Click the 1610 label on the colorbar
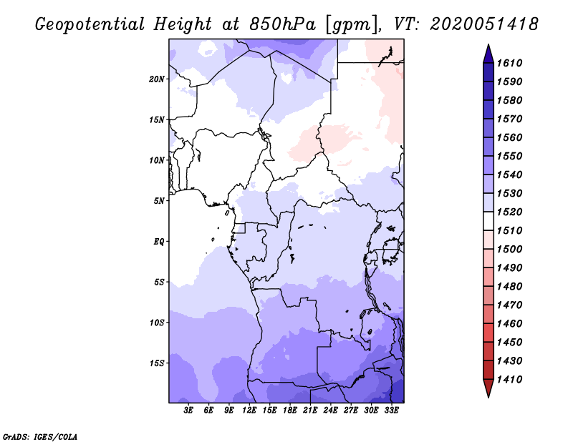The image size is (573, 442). [513, 63]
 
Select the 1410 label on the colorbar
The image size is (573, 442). [513, 379]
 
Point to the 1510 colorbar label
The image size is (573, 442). [513, 230]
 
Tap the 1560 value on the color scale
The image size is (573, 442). [513, 137]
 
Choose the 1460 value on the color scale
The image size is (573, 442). [513, 323]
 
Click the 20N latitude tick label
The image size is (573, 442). [157, 79]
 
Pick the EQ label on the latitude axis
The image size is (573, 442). [159, 241]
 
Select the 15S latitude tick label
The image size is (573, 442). [157, 363]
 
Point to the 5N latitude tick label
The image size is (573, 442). [159, 201]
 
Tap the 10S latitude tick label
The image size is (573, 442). [157, 323]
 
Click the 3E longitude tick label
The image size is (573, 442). [189, 411]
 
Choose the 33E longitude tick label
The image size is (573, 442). [390, 411]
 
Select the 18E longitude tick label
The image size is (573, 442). [290, 411]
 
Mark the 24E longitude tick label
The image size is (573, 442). [330, 411]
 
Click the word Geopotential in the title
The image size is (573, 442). [90, 24]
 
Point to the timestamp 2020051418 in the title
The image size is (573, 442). [484, 24]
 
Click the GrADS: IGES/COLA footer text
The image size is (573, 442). [32, 435]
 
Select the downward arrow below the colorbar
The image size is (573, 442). [488, 390]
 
